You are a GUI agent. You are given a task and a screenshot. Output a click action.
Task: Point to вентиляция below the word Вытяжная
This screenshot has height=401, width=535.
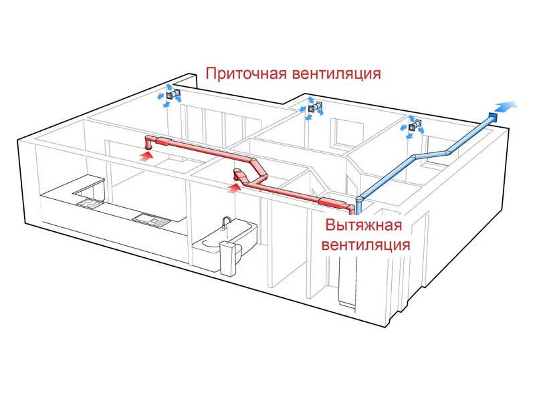click(x=365, y=244)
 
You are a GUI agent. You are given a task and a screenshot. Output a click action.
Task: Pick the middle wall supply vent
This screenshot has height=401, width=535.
click(x=314, y=107)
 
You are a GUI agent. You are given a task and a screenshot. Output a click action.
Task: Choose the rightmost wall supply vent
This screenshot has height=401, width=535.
click(x=415, y=125)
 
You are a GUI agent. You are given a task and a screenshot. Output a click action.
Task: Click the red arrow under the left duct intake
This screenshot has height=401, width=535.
click(x=146, y=155)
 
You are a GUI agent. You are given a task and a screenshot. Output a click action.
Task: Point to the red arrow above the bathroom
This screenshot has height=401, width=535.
click(x=233, y=188)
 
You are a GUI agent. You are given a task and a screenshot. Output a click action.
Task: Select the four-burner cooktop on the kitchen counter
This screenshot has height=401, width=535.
click(x=88, y=201)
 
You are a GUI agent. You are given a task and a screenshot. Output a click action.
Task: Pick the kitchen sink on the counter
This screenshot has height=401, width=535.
click(x=144, y=217)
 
